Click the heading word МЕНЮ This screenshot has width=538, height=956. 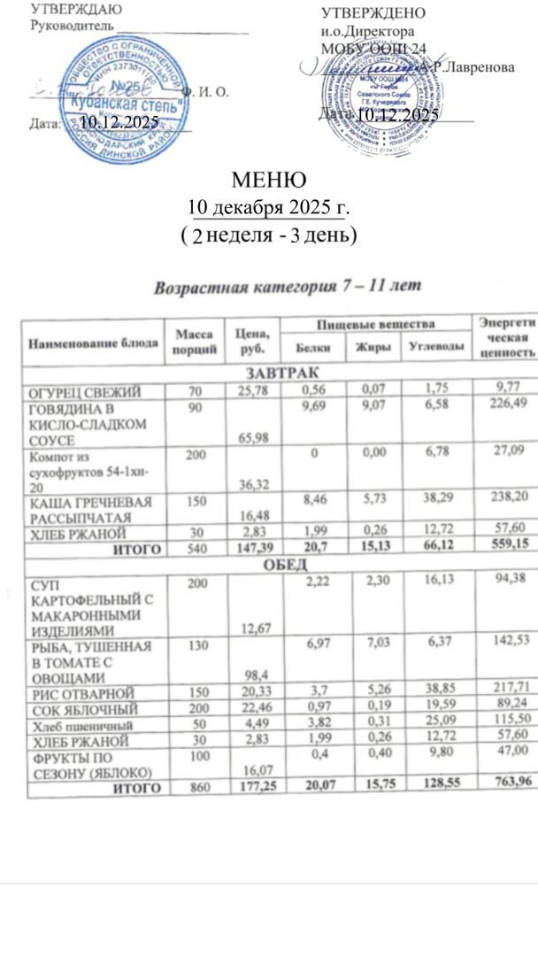pos(268,180)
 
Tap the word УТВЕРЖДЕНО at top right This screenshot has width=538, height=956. pos(372,13)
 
